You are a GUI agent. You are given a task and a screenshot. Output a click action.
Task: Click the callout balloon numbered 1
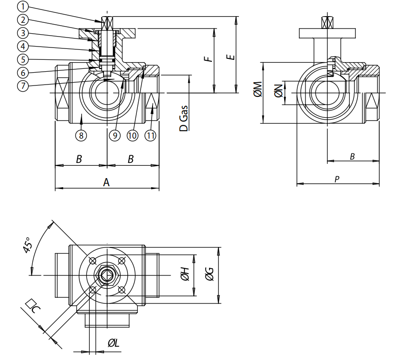click(22, 7)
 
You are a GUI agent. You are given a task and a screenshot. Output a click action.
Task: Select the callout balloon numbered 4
click(22, 47)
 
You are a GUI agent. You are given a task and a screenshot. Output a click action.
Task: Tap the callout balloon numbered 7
click(22, 86)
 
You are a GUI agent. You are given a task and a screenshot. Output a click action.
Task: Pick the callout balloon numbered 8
click(81, 136)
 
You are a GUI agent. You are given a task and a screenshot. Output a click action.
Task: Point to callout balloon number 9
click(115, 136)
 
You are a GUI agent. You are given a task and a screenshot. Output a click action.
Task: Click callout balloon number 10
click(132, 136)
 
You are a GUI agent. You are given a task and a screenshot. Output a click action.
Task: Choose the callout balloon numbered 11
click(151, 136)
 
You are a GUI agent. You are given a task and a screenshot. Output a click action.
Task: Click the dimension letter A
click(106, 182)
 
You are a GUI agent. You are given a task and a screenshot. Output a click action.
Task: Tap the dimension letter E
click(230, 57)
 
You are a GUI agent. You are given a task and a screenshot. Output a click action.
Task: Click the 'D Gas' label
click(183, 118)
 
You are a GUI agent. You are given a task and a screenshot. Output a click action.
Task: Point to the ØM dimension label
click(257, 89)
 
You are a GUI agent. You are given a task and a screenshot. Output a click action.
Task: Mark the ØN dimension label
click(278, 89)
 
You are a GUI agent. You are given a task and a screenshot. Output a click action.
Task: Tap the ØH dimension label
click(185, 274)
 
